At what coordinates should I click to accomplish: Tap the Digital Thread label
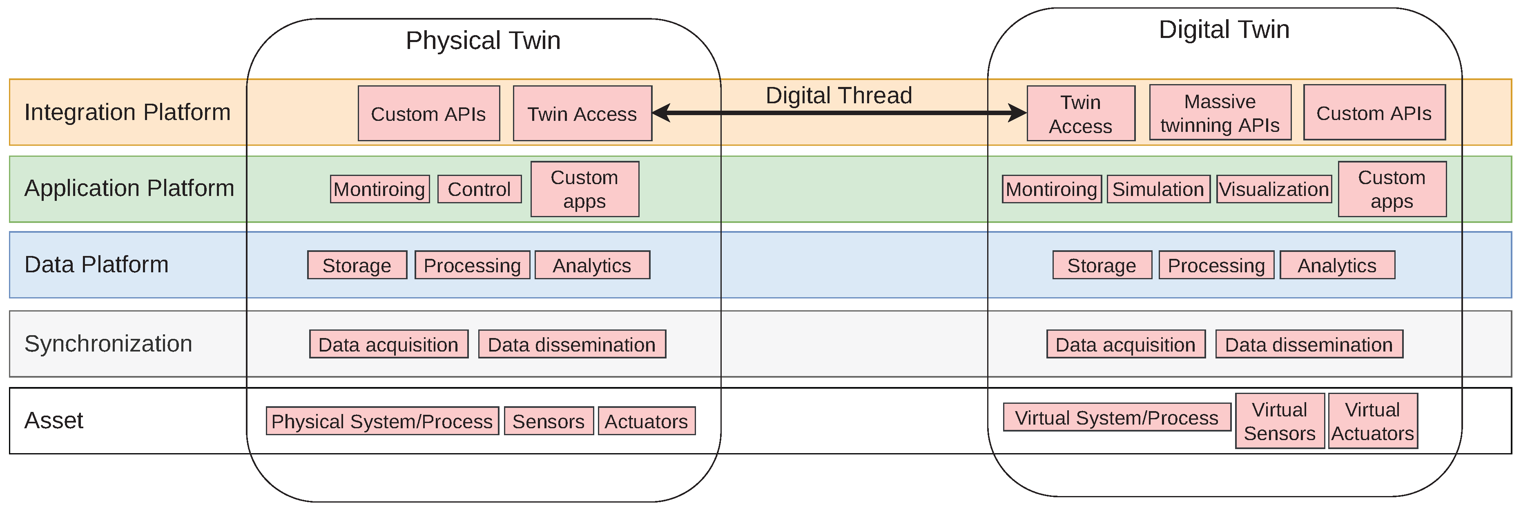click(839, 96)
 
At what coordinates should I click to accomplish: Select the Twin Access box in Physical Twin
click(582, 113)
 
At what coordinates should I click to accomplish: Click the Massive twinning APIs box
click(1220, 113)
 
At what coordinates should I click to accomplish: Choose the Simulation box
click(1158, 189)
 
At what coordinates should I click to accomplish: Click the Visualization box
click(1273, 189)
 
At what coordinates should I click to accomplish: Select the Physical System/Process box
click(382, 421)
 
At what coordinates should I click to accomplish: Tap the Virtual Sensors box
click(1280, 421)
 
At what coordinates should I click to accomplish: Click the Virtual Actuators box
click(1372, 421)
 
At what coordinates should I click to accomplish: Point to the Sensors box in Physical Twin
click(548, 421)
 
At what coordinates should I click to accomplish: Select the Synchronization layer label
click(108, 343)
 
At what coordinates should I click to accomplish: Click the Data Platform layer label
click(96, 265)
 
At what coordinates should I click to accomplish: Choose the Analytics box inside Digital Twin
click(1337, 265)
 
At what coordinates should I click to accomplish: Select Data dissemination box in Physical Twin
click(571, 345)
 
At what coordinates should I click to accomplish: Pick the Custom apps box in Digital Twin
click(1392, 189)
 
